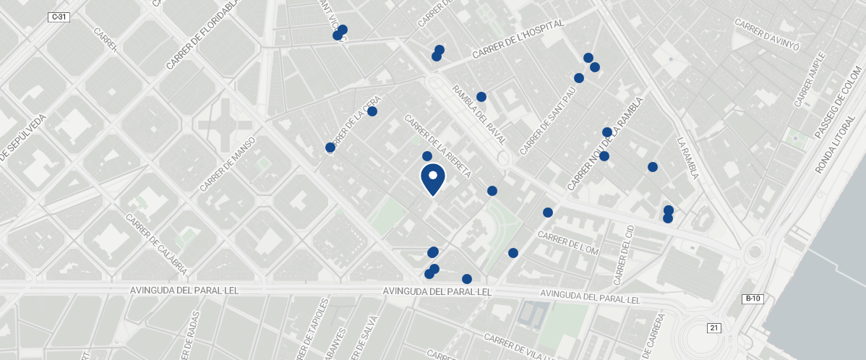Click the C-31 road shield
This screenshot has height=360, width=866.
tap(59, 17)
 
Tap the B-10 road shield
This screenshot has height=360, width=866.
tap(753, 299)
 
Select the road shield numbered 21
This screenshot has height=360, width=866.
tap(714, 328)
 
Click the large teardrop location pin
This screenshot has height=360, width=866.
tap(432, 180)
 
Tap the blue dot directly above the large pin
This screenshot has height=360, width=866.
tap(427, 156)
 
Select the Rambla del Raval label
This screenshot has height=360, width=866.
tap(479, 113)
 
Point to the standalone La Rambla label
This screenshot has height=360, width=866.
tap(689, 158)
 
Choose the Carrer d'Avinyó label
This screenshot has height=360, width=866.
tap(767, 35)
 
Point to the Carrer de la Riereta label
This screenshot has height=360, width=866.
tap(438, 147)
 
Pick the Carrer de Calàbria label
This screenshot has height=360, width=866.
tap(157, 243)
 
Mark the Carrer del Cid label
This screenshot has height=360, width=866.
tap(623, 254)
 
